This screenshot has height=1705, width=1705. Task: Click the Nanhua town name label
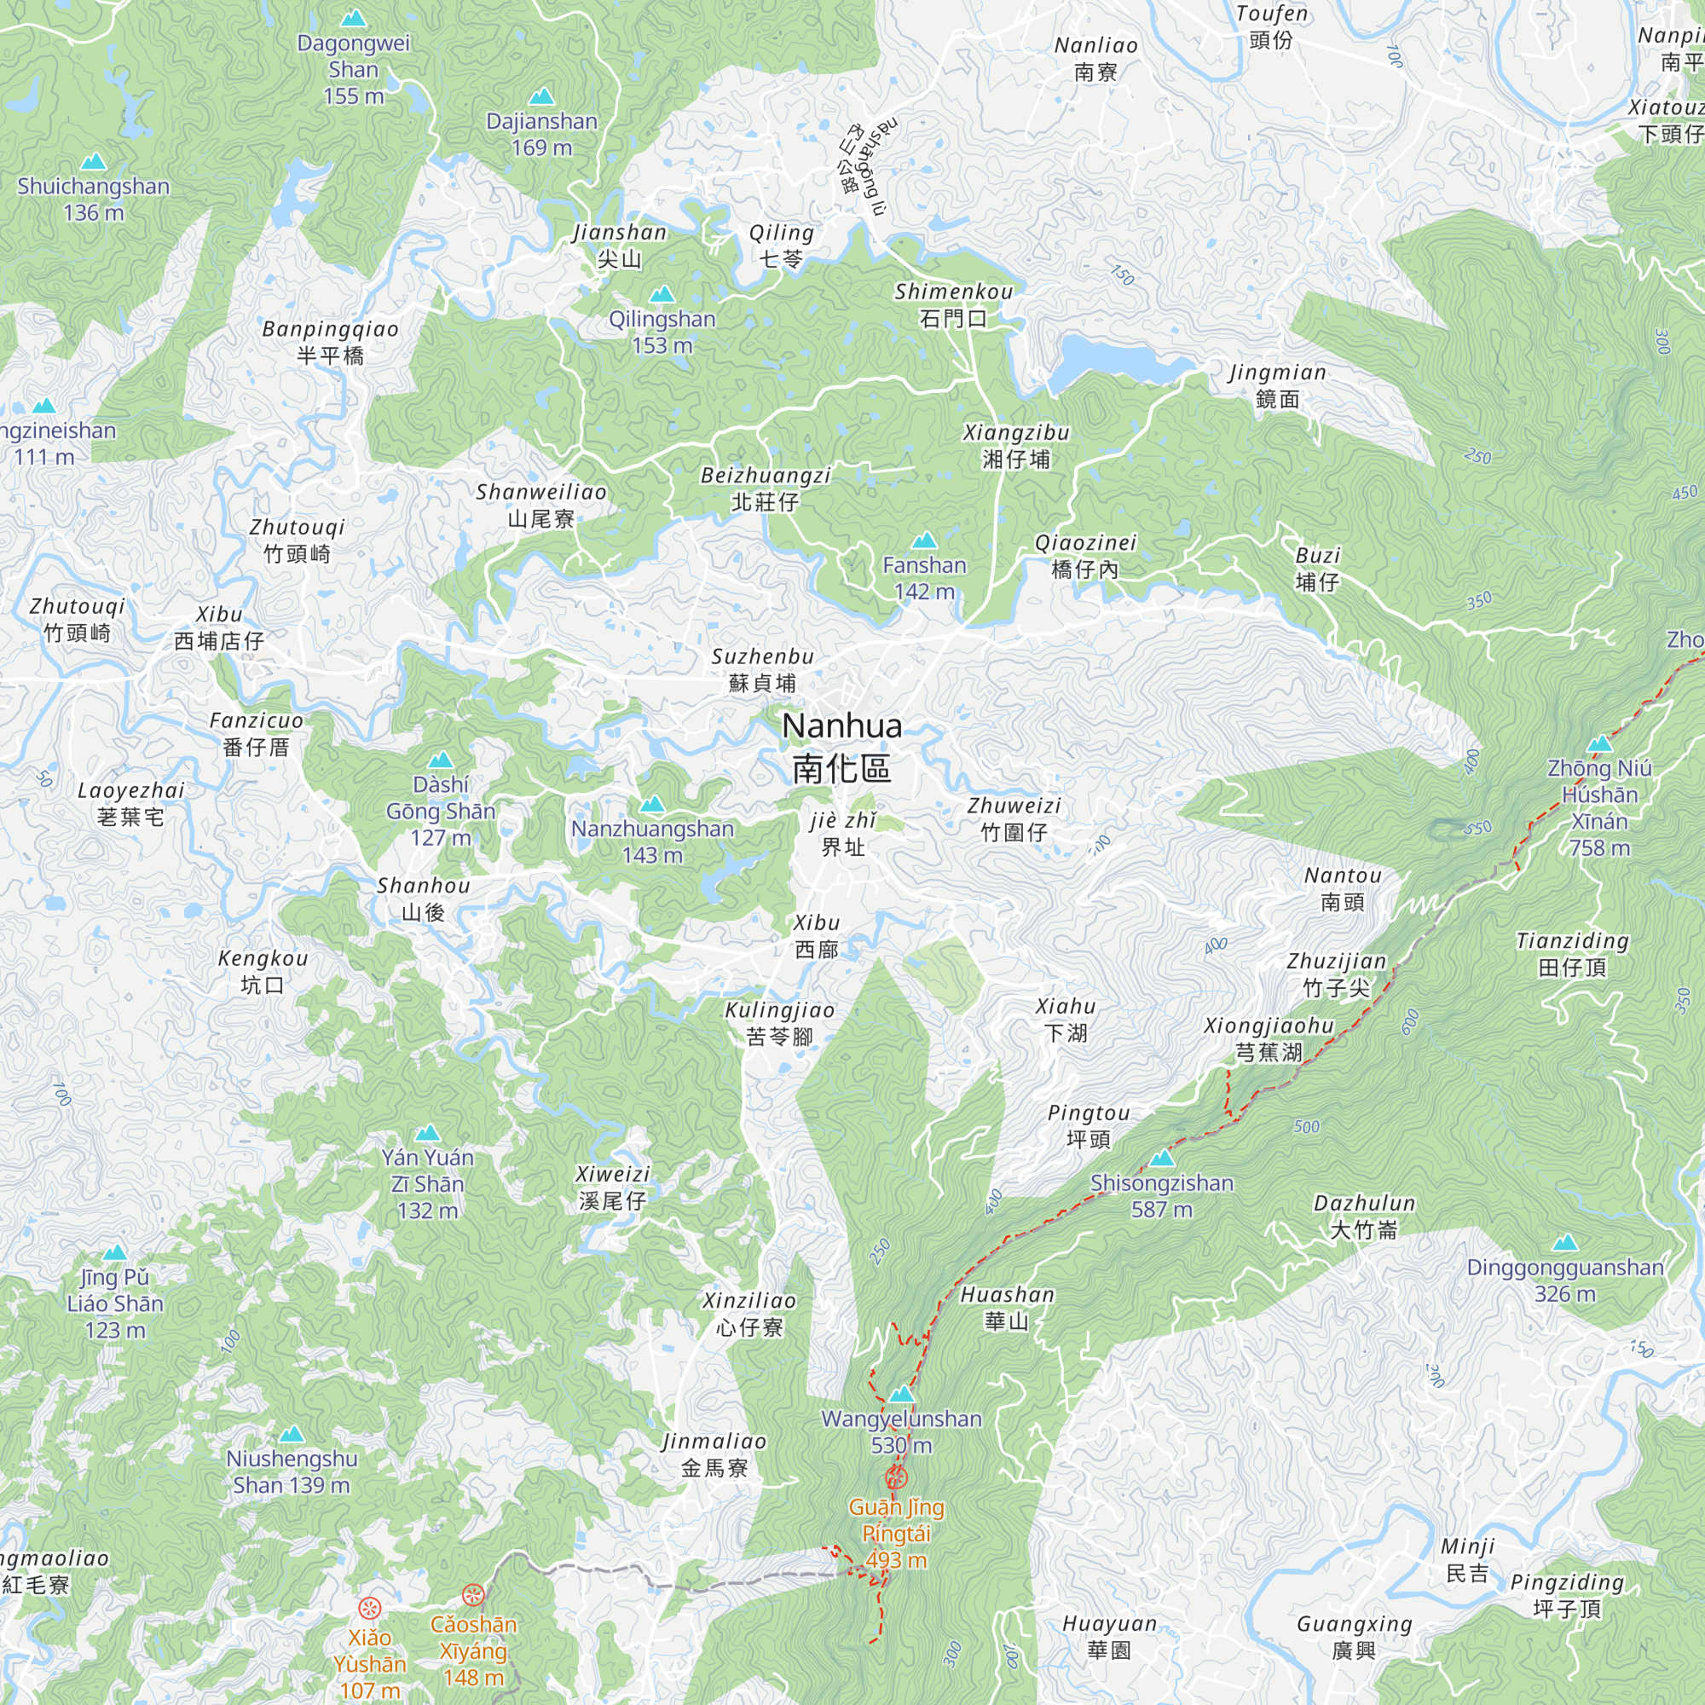[842, 747]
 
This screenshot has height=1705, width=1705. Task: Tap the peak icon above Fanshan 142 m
[924, 540]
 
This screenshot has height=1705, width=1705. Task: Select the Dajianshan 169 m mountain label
[542, 134]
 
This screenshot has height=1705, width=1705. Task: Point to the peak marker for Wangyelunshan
[900, 1395]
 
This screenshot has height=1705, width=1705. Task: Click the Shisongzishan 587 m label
[1161, 1196]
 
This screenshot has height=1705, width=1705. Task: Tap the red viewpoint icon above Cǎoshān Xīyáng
[474, 1595]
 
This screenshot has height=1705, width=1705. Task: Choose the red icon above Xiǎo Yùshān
[369, 1608]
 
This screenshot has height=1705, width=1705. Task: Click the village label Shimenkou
[953, 304]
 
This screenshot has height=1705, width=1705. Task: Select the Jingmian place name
[1277, 385]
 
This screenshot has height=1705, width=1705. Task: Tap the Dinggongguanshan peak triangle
[1564, 1243]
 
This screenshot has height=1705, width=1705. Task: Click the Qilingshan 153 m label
[662, 332]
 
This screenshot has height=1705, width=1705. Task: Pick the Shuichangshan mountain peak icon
[94, 161]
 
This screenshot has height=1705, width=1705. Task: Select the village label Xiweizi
[612, 1187]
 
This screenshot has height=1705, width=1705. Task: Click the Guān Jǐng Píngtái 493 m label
[897, 1533]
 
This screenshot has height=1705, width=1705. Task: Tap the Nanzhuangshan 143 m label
[652, 841]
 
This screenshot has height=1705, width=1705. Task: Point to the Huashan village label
[1007, 1308]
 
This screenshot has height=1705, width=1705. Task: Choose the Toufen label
[1271, 26]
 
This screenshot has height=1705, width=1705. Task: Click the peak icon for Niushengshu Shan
[292, 1434]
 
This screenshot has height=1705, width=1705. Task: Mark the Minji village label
[1468, 1559]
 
